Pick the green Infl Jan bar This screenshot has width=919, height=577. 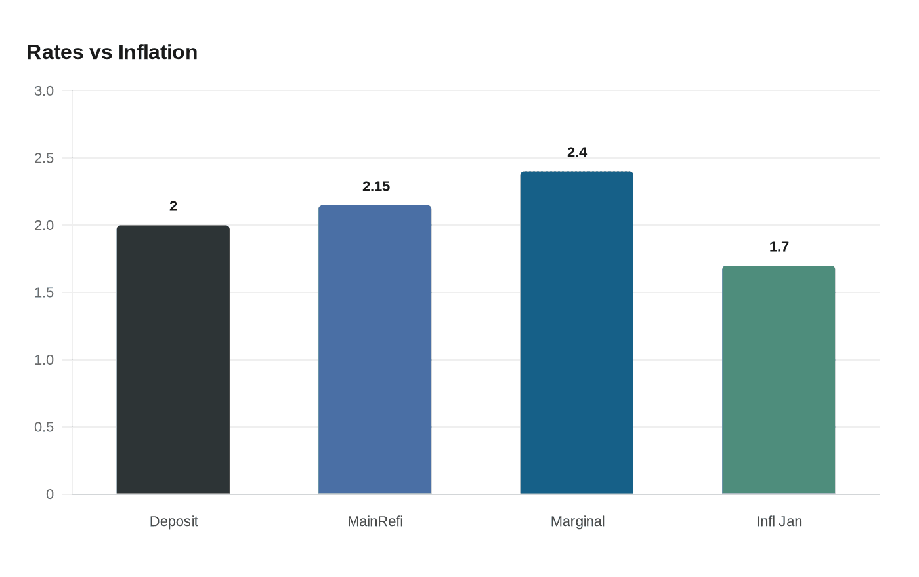[779, 380]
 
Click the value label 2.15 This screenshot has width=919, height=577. [376, 187]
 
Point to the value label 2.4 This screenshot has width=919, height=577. [577, 153]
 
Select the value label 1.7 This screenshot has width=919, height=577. [779, 247]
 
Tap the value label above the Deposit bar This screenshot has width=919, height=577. [173, 207]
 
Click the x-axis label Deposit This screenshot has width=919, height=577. [174, 521]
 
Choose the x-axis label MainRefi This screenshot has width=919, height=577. [375, 521]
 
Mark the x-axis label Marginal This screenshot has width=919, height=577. [578, 521]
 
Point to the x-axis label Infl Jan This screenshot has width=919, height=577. [779, 521]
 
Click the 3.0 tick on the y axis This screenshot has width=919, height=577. [44, 91]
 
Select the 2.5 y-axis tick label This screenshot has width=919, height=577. [44, 158]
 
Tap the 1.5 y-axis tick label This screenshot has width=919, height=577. [44, 292]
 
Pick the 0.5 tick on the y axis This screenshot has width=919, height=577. [44, 427]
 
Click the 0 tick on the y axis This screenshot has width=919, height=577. [50, 494]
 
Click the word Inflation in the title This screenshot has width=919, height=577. [158, 52]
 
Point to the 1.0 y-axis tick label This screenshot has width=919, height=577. [44, 360]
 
